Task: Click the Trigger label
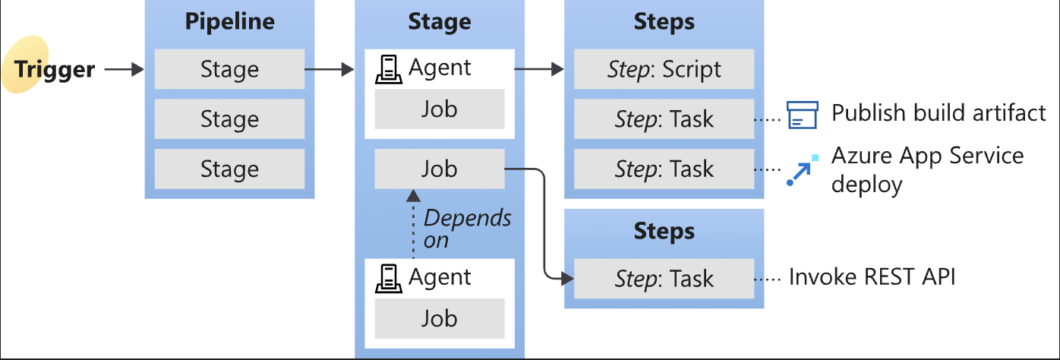(55, 70)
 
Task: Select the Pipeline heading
(229, 21)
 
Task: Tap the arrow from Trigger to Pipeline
(124, 70)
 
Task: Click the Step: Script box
(664, 69)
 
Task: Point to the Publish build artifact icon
(802, 115)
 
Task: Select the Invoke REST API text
(872, 276)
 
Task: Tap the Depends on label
(467, 229)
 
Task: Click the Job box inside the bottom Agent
(440, 318)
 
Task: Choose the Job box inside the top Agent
(440, 109)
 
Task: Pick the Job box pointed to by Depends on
(440, 169)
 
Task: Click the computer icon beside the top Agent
(389, 70)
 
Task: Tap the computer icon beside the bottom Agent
(389, 279)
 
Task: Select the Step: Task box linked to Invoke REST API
(664, 278)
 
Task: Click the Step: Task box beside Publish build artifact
(664, 118)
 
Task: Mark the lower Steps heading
(664, 231)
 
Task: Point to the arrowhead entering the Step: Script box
(557, 70)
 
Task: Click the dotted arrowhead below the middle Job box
(414, 195)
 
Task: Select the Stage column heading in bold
(440, 21)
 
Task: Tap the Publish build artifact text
(939, 113)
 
